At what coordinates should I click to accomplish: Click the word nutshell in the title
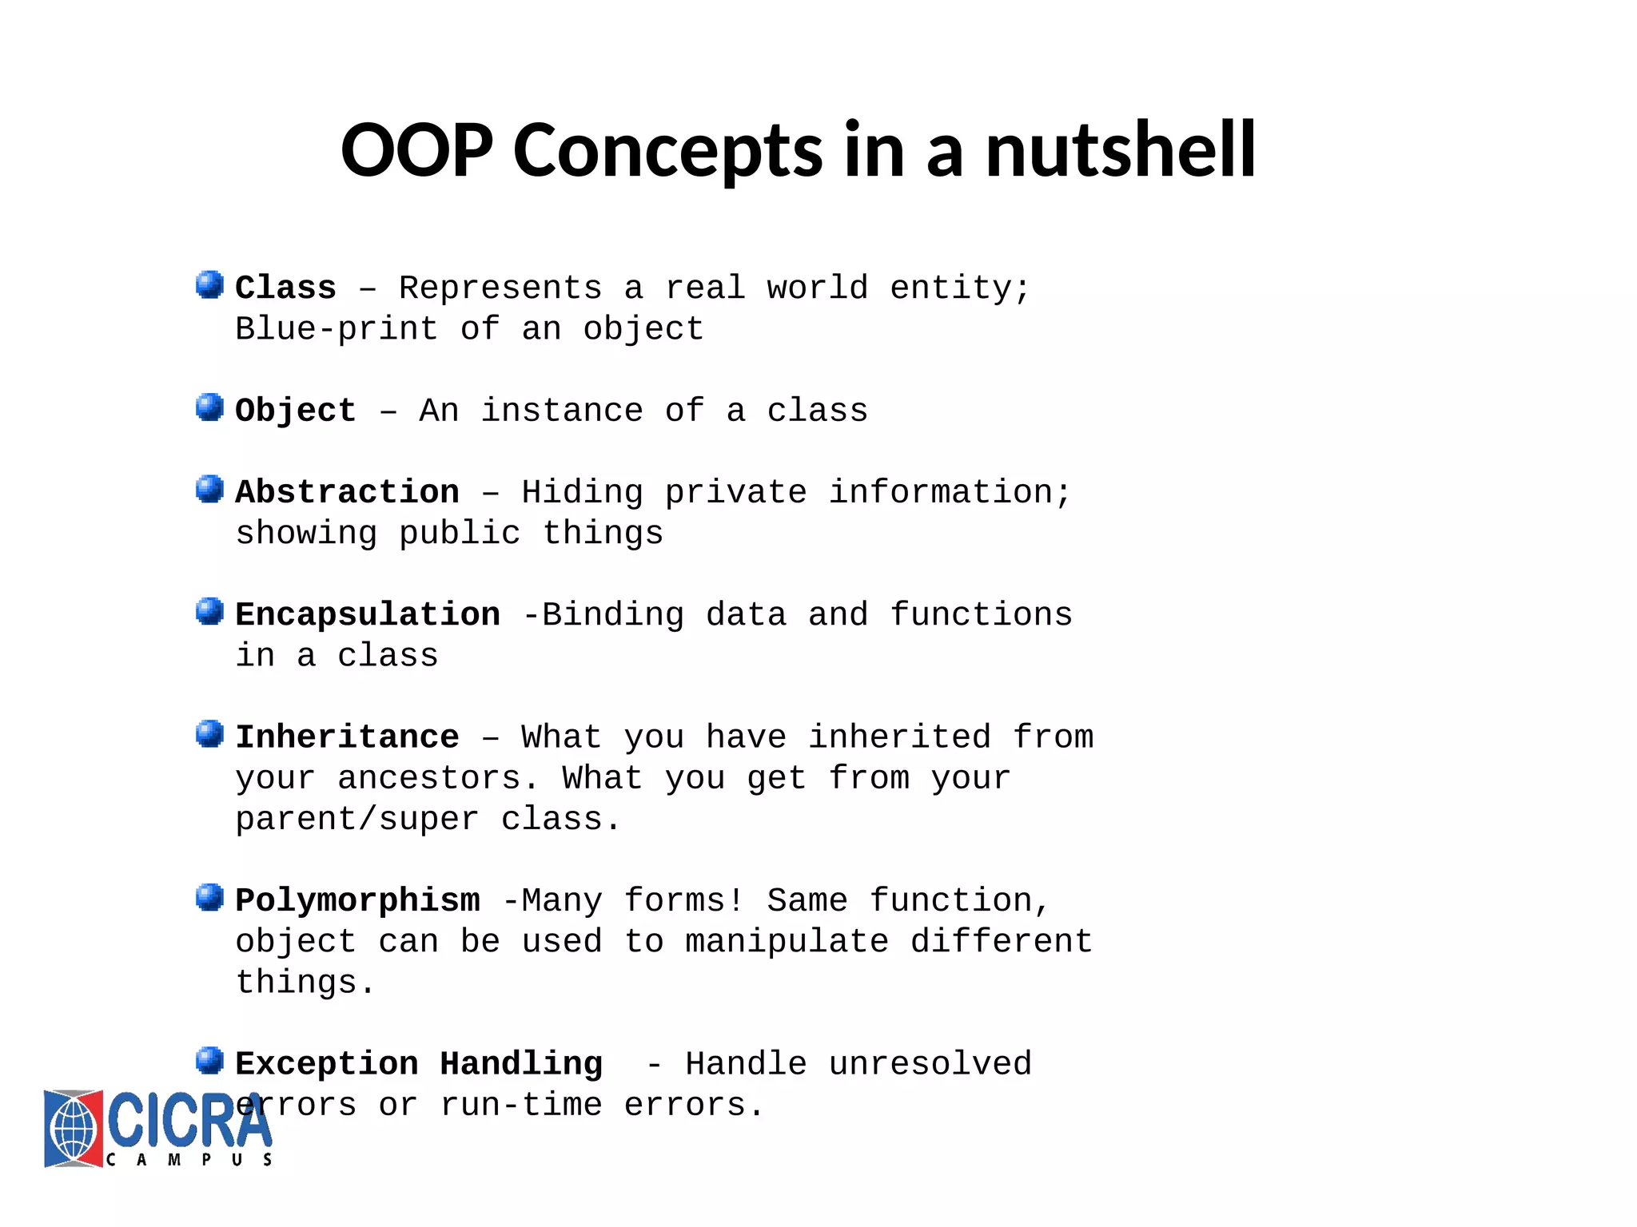point(1120,150)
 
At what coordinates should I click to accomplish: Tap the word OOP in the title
point(416,150)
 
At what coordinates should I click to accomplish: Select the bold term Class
point(285,288)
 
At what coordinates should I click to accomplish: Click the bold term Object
point(295,411)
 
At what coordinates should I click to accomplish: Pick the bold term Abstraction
point(347,493)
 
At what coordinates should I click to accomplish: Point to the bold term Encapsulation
point(368,615)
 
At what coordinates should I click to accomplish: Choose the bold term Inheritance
point(347,737)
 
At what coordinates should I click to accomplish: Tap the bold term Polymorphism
point(357,901)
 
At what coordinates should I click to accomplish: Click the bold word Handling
point(521,1064)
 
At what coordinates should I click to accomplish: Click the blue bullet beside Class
point(209,284)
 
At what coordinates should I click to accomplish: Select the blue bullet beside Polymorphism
point(209,897)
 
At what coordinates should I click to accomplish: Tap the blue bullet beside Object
point(209,407)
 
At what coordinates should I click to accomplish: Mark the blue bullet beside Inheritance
point(209,733)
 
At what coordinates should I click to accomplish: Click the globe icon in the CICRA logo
point(74,1129)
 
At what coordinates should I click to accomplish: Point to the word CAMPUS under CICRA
point(189,1159)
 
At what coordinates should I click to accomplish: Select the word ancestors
point(428,779)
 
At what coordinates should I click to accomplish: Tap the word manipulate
point(787,942)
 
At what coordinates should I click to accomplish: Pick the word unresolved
point(930,1064)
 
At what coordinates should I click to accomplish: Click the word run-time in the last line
point(521,1106)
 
